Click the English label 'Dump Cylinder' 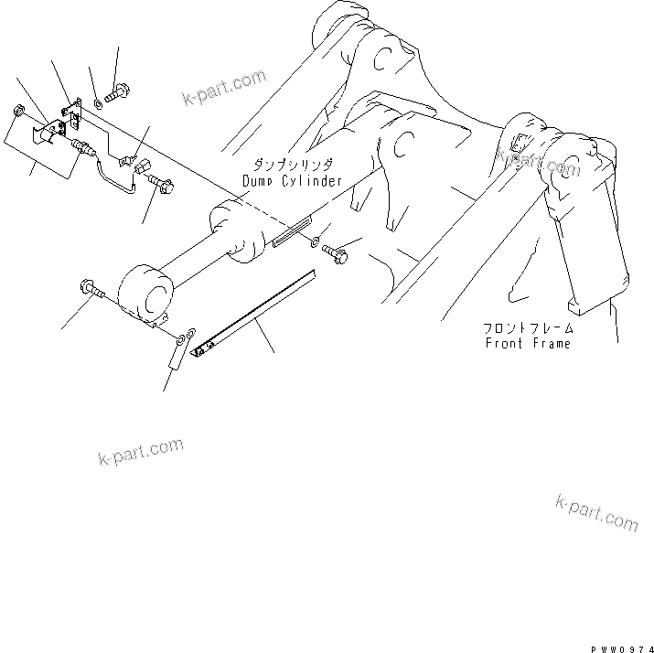[x=292, y=182]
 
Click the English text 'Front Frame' [x=527, y=343]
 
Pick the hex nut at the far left [x=18, y=112]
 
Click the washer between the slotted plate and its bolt [x=314, y=243]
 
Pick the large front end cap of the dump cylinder [x=145, y=294]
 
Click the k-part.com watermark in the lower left [x=140, y=453]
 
